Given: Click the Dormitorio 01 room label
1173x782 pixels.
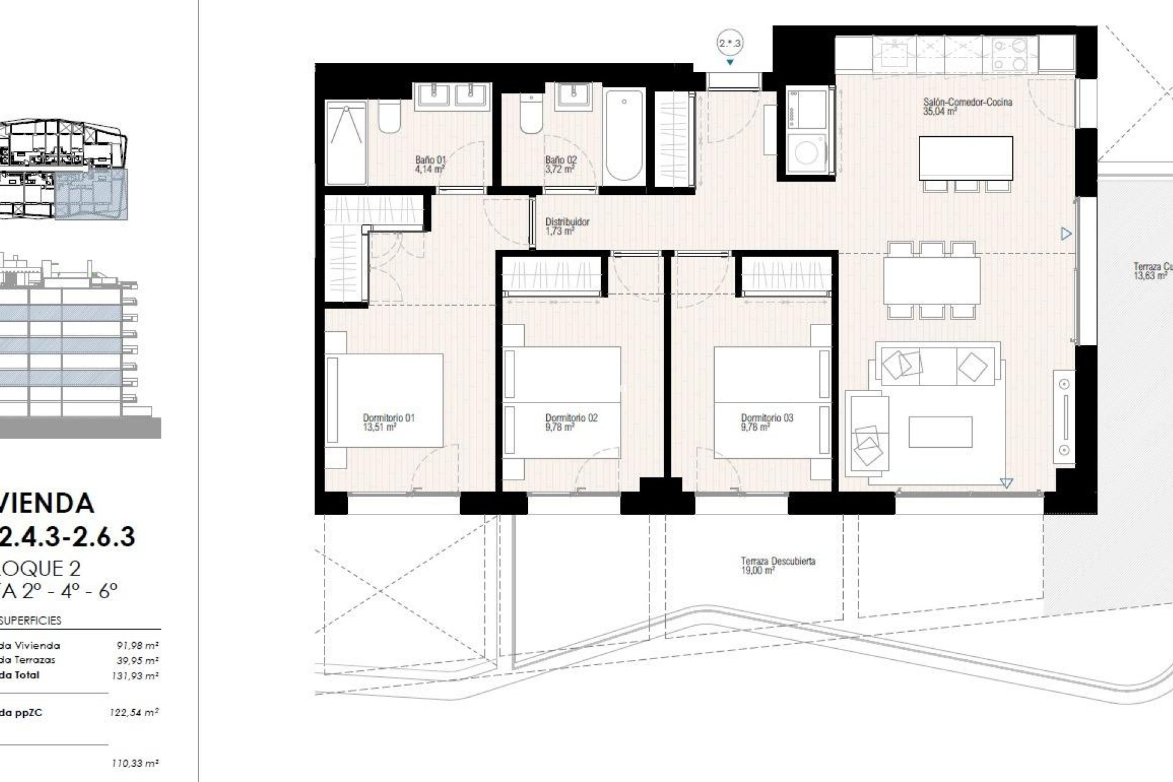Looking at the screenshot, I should pos(389,422).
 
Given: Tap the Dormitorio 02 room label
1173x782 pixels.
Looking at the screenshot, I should pos(571,422).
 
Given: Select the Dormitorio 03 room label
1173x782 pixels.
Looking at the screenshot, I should pos(767,422).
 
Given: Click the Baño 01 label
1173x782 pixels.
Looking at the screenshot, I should pos(430,164).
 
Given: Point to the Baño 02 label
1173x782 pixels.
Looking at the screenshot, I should pos(560,164).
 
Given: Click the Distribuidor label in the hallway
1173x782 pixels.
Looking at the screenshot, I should pos(567,226).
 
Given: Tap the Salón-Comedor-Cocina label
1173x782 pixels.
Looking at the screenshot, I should pos(967,106).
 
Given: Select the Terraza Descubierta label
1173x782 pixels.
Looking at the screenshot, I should pos(777,565).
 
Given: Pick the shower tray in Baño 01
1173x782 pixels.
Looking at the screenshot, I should pos(346,142).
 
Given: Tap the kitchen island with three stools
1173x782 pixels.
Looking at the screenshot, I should pos(965,158).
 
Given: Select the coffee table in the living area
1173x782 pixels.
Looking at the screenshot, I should pos(940,432).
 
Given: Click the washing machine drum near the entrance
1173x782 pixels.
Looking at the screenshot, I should pos(806,153).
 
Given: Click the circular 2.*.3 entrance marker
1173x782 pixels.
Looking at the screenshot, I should pos(729,43).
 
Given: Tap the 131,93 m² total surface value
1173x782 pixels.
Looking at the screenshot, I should pos(137,676).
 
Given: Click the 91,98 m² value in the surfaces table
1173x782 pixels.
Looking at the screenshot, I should pos(137,645).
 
